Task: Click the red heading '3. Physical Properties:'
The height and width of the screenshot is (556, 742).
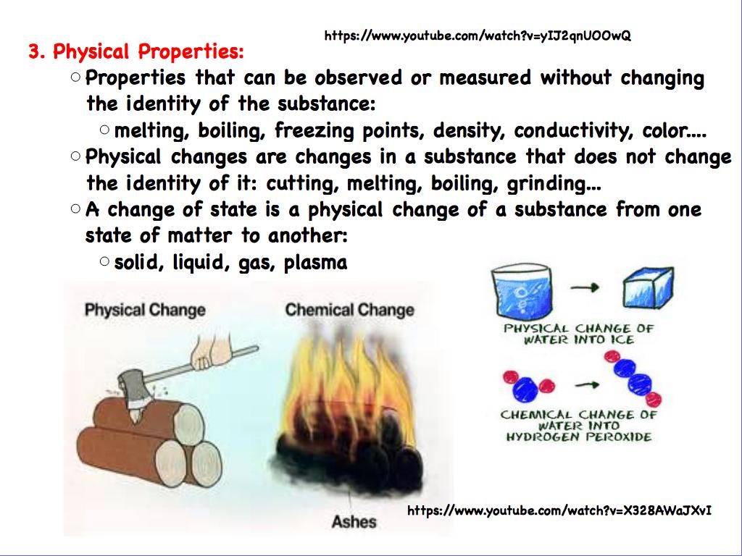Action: click(136, 52)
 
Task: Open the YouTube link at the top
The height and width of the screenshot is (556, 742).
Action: click(477, 35)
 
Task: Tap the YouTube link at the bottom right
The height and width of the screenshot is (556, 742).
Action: click(559, 511)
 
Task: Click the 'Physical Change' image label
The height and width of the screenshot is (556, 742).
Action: click(145, 310)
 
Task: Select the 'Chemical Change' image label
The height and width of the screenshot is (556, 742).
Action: click(349, 310)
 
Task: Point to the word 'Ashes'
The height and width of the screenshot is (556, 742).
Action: click(354, 521)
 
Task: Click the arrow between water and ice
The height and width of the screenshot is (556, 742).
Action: click(585, 288)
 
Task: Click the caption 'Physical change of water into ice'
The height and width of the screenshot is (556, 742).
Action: click(579, 334)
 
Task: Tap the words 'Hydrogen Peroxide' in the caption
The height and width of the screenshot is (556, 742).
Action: click(578, 437)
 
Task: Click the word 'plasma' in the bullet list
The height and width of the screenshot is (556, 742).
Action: click(315, 262)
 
